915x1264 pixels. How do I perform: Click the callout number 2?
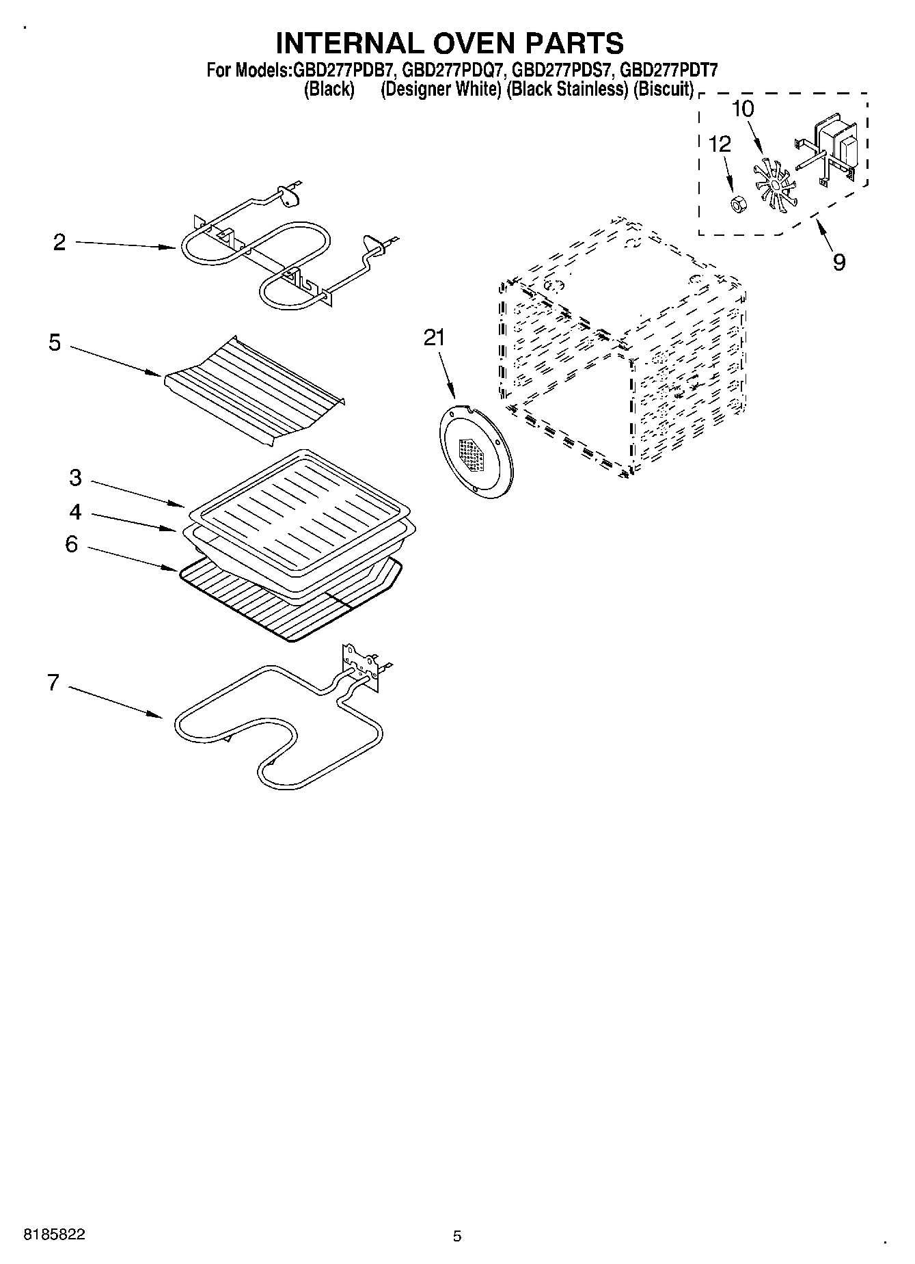click(59, 243)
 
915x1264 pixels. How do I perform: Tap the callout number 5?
click(55, 342)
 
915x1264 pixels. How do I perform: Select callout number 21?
click(433, 338)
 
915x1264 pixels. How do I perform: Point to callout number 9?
click(839, 262)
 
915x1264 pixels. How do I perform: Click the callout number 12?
click(720, 144)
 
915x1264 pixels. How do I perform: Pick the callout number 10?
click(743, 109)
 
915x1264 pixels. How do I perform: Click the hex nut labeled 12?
click(737, 203)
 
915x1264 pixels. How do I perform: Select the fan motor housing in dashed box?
click(838, 146)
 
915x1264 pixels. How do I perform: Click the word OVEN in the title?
click(465, 42)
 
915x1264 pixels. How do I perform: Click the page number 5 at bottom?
click(457, 1236)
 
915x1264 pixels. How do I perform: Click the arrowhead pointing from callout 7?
click(156, 715)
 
